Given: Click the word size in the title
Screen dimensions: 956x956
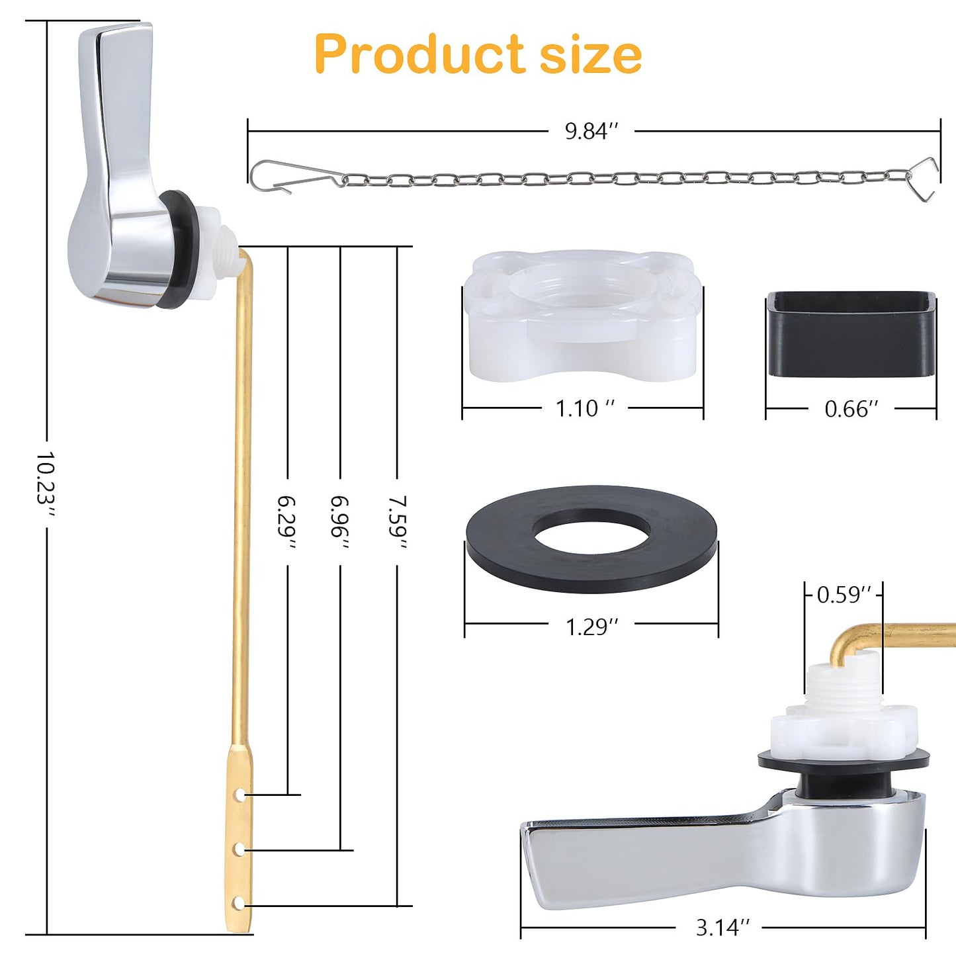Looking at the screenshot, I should coord(591,54).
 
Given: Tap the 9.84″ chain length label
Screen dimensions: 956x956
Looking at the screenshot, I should coord(591,131).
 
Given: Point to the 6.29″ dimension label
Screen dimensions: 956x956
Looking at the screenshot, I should coord(287,522).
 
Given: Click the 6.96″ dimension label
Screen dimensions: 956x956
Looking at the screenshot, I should coord(340,522).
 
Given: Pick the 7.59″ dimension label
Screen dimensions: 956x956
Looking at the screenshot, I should coord(398,522).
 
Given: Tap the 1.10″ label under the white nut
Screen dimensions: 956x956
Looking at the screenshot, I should coord(584,408).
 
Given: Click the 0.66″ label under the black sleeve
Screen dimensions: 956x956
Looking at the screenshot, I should coord(851,409).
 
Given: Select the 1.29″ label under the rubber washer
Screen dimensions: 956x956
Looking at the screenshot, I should coord(591,626).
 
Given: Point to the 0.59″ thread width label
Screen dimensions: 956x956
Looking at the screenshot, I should coord(844,595).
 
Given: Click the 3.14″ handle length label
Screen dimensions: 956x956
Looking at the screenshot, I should coord(722,928).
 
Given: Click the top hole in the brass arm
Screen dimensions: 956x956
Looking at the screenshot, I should coord(241,795).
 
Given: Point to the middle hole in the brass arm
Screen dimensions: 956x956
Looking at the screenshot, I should coord(240,849).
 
